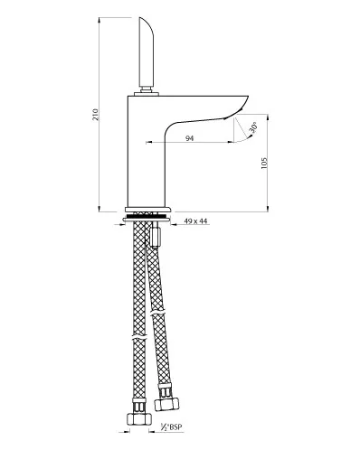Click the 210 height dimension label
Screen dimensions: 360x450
click(x=95, y=115)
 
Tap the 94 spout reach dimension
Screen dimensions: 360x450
click(x=189, y=138)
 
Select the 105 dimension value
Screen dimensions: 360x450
click(x=264, y=163)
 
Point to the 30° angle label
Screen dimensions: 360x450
click(x=253, y=127)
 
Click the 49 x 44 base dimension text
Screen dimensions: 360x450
click(x=195, y=221)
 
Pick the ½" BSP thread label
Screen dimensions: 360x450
click(x=172, y=427)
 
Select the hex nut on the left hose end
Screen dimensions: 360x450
click(x=138, y=418)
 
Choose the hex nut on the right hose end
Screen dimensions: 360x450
click(x=166, y=403)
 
